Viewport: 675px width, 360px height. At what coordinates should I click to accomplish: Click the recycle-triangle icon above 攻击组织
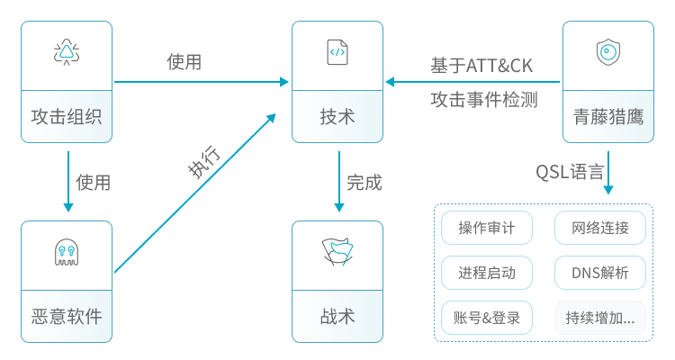click(x=67, y=53)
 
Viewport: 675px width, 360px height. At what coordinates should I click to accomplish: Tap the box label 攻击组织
click(x=67, y=117)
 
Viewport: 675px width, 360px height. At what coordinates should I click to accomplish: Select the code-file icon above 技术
click(x=337, y=52)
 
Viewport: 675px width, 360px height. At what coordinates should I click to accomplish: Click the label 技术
click(x=337, y=117)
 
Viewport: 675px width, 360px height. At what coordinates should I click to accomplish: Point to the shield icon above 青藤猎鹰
click(x=607, y=53)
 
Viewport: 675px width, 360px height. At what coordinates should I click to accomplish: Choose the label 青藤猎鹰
click(x=607, y=117)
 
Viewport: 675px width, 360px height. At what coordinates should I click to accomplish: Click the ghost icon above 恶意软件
click(x=67, y=253)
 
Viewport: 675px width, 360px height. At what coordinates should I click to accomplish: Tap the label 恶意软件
click(x=67, y=317)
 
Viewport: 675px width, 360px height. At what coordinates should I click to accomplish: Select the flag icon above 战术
click(x=337, y=253)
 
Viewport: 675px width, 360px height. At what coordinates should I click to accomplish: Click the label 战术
click(x=337, y=317)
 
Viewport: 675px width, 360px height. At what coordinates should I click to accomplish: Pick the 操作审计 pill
click(x=487, y=228)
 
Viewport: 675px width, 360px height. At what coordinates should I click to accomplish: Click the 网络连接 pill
click(x=600, y=228)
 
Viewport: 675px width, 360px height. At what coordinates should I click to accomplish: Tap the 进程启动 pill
click(x=487, y=273)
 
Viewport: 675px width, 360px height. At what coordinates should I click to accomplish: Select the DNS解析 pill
click(x=600, y=273)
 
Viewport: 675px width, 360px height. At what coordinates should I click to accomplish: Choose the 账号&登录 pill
click(x=487, y=318)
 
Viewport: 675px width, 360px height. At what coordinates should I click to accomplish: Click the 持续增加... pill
click(x=600, y=318)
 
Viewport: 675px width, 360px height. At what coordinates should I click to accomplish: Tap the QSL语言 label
click(x=570, y=172)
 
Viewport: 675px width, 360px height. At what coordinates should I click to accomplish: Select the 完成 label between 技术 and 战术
click(x=364, y=183)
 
